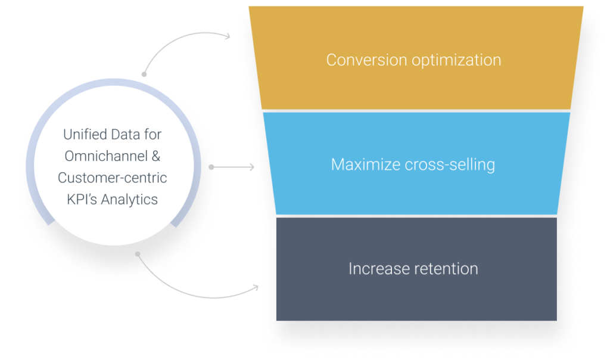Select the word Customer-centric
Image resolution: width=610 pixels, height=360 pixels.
coord(112,178)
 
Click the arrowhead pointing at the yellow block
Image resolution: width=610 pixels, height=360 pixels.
coord(229,36)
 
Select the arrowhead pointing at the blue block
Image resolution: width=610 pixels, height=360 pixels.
coord(251,167)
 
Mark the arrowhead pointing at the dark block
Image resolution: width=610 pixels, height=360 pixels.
coord(256,288)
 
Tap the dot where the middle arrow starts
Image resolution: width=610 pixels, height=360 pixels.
coord(211,167)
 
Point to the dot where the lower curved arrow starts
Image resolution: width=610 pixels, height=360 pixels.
coord(138,254)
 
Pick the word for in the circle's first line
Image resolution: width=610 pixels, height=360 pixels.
coord(151,135)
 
